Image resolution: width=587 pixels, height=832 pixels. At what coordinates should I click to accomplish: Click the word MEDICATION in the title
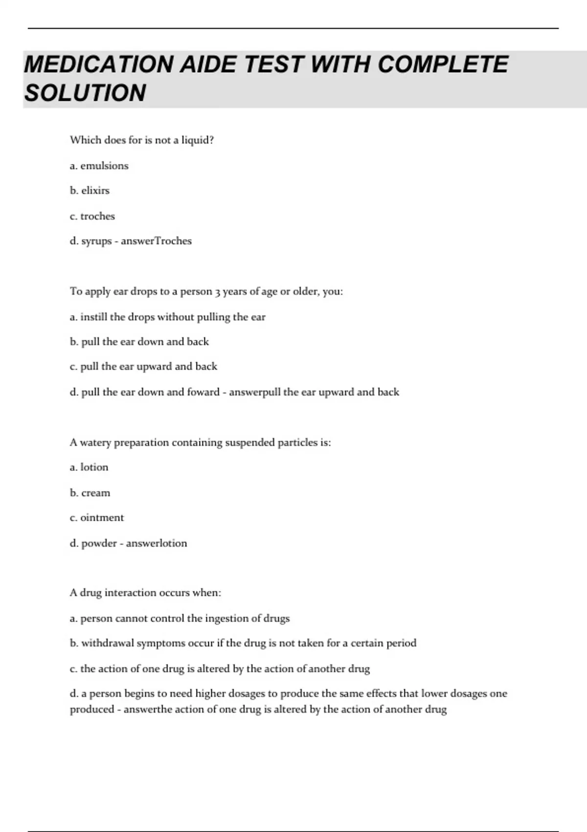[98, 65]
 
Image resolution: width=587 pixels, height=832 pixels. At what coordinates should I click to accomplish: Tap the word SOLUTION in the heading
[85, 93]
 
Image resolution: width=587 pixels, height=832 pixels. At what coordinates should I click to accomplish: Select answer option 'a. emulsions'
[99, 166]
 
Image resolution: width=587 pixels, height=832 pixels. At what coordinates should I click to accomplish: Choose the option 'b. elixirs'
[90, 191]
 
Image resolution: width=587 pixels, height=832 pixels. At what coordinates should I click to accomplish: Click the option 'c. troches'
[92, 216]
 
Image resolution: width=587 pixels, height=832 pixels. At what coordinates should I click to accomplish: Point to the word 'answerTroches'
[156, 241]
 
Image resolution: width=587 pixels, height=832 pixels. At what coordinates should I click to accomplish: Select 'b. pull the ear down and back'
[139, 342]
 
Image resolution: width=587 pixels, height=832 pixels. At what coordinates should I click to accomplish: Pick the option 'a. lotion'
[89, 467]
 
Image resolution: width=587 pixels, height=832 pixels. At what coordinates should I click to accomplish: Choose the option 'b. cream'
[90, 493]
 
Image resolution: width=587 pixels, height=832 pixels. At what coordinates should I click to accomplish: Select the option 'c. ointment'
[97, 518]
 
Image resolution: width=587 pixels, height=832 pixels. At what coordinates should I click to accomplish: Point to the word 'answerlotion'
[157, 543]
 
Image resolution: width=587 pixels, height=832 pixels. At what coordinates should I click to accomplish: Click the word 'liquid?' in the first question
[198, 140]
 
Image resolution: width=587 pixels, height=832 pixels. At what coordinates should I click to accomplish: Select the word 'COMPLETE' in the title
[443, 65]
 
